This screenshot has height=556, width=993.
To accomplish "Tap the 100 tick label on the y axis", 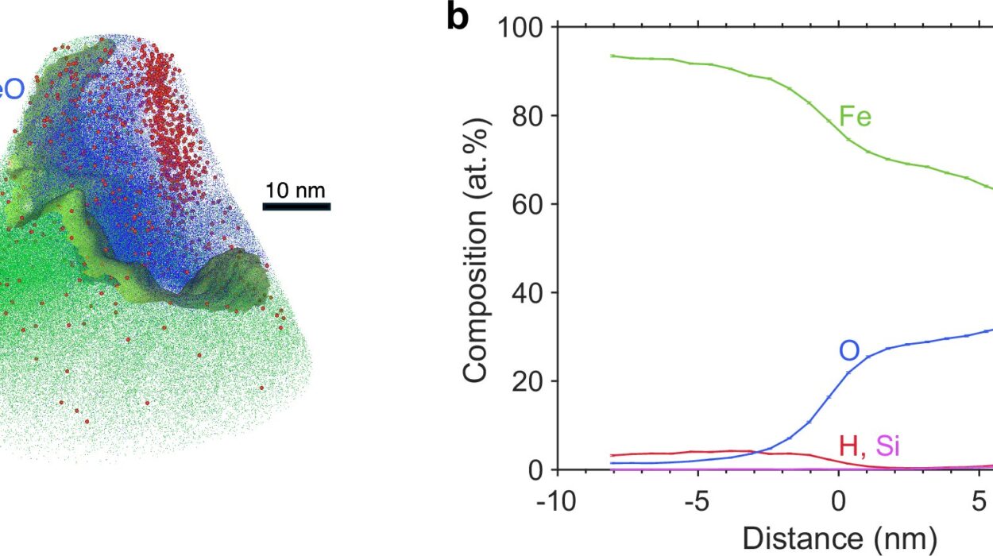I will pyautogui.click(x=520, y=29).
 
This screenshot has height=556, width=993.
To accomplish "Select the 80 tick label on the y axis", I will pyautogui.click(x=527, y=116).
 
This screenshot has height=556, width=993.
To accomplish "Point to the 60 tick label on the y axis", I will pyautogui.click(x=527, y=204).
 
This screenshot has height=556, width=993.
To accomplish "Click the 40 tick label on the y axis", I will pyautogui.click(x=527, y=293).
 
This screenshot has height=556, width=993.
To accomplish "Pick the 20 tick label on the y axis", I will pyautogui.click(x=527, y=381).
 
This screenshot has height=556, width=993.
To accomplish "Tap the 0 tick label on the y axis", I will pyautogui.click(x=535, y=469).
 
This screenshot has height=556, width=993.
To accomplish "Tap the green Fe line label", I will pyautogui.click(x=856, y=118).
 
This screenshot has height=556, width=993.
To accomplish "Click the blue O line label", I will pyautogui.click(x=849, y=349).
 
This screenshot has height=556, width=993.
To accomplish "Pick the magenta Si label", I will pyautogui.click(x=887, y=446).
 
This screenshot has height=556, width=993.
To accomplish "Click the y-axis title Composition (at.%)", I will pyautogui.click(x=474, y=247).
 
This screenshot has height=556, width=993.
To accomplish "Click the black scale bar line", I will pyautogui.click(x=296, y=207).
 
